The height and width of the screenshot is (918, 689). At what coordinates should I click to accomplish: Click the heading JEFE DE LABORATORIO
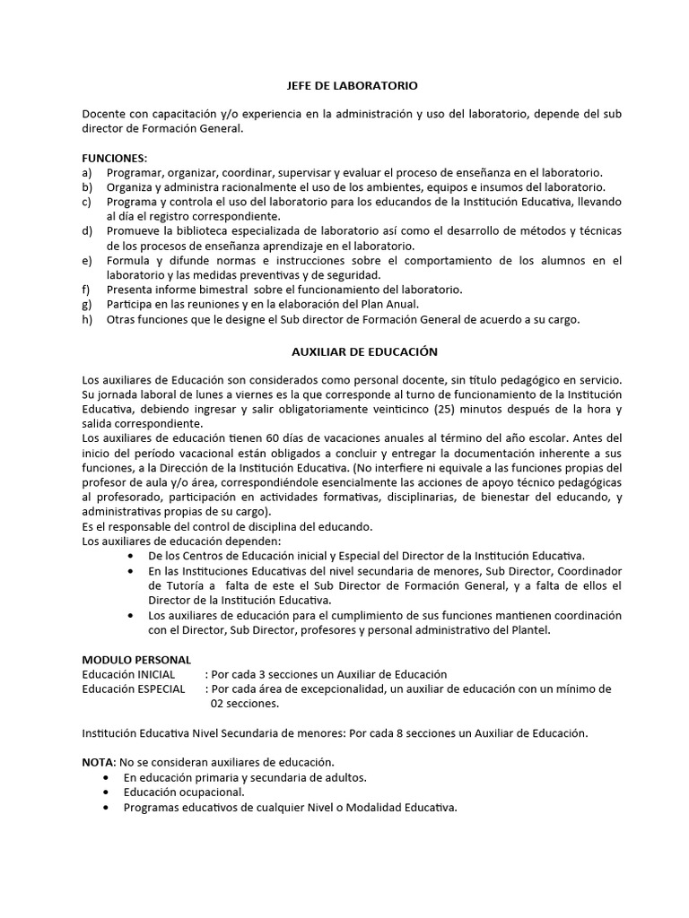[345, 86]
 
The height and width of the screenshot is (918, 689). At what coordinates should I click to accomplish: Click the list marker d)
[87, 231]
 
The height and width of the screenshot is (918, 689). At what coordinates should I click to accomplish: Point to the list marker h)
[87, 320]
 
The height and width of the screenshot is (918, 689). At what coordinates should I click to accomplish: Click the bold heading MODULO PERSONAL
[136, 660]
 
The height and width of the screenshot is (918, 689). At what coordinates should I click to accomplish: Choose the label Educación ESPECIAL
[134, 688]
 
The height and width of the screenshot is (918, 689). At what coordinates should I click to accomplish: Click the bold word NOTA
[98, 762]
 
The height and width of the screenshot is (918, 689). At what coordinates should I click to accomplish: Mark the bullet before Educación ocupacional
[108, 792]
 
